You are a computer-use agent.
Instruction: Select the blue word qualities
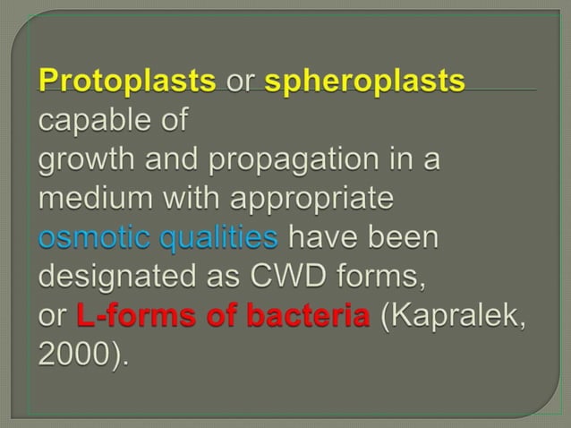click(x=219, y=238)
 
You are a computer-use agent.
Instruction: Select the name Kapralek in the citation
click(x=456, y=317)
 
